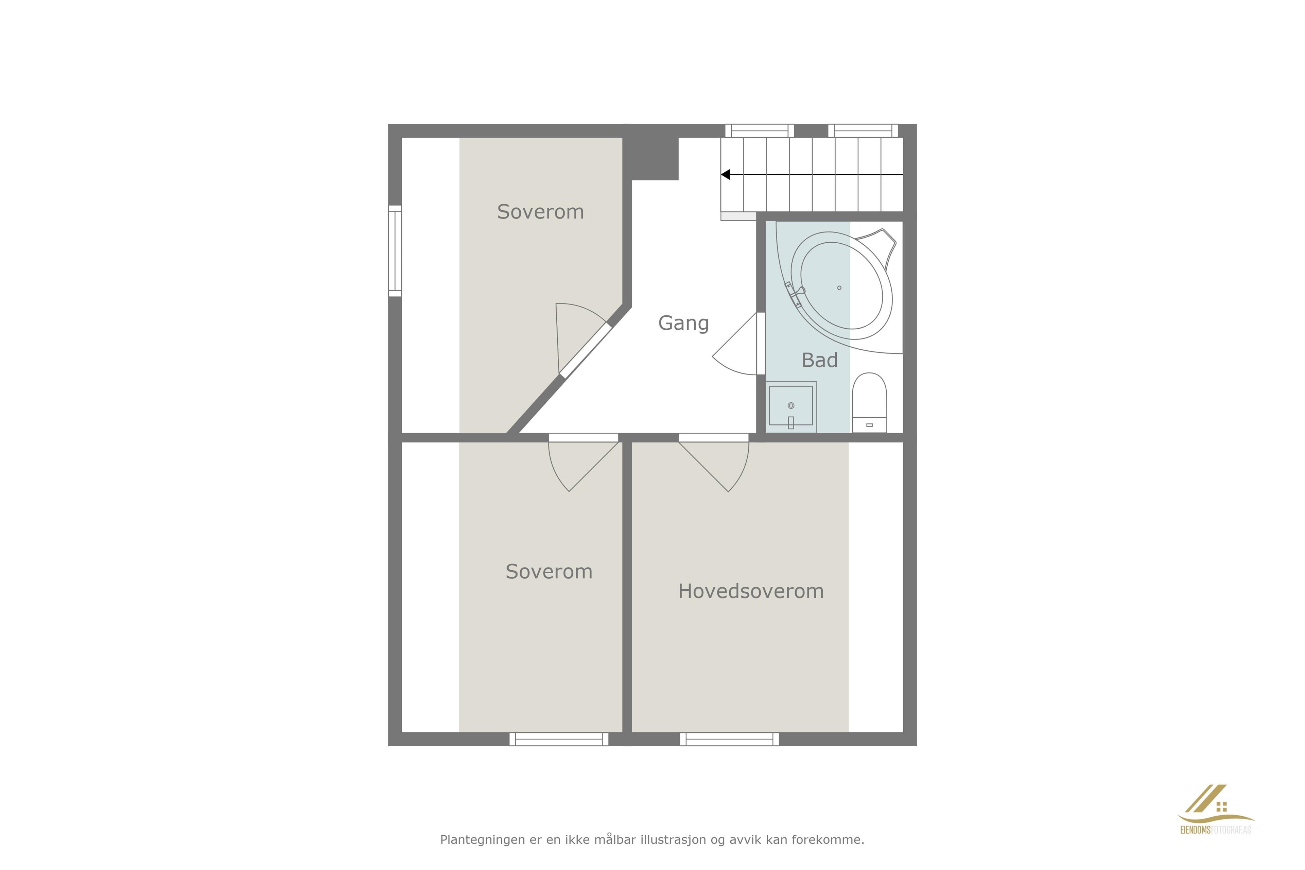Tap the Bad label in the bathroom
point(819,361)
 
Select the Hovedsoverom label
point(751,591)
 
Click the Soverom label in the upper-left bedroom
point(540,212)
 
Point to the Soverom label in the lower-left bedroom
point(549,572)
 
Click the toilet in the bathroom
point(869,403)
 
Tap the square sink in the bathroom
point(791,407)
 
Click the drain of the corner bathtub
point(839,288)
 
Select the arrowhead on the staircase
point(725,175)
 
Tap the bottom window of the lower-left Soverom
point(559,739)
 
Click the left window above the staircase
point(760,130)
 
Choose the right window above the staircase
point(863,130)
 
